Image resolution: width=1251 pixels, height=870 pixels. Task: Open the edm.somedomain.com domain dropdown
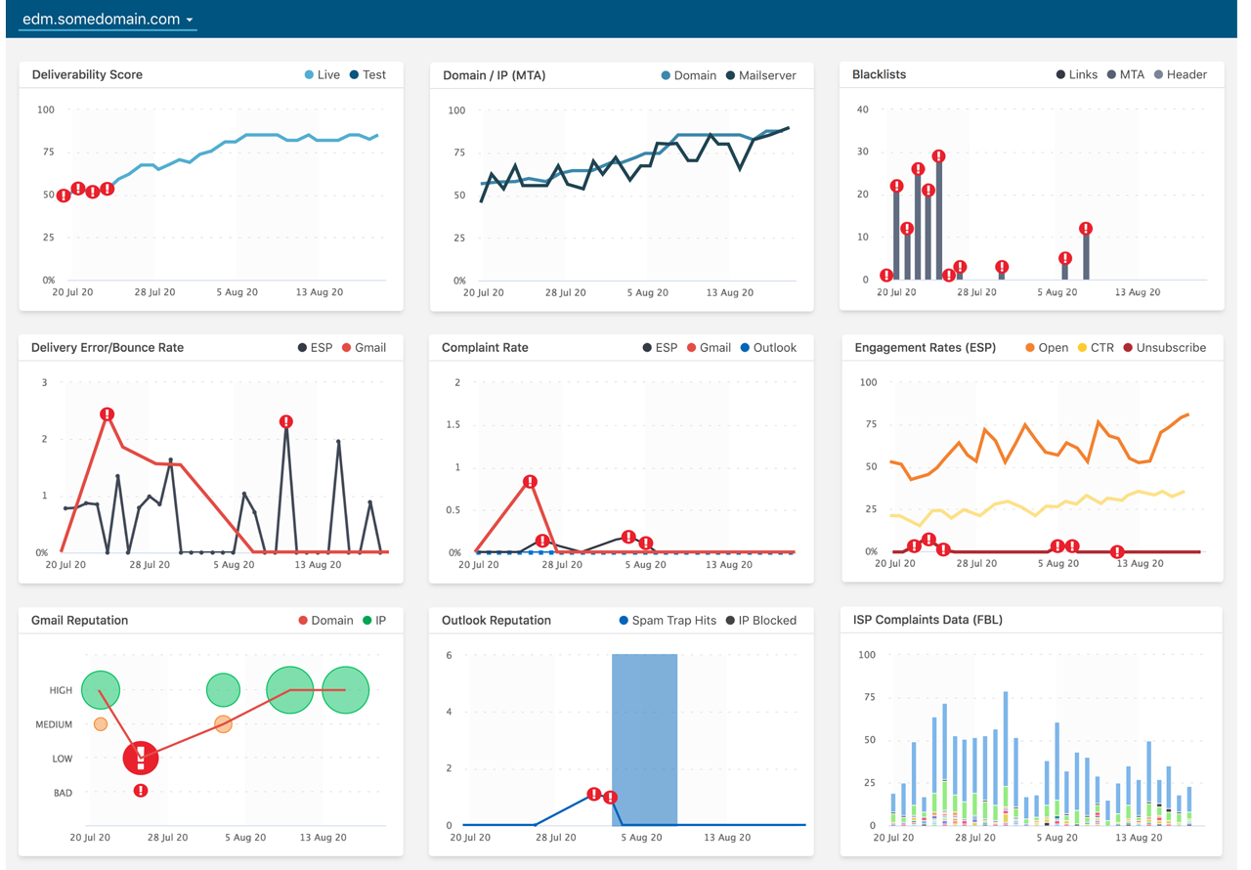tap(108, 20)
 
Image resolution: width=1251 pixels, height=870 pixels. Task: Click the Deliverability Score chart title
tap(87, 74)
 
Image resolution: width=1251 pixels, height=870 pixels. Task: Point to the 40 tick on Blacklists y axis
tap(862, 109)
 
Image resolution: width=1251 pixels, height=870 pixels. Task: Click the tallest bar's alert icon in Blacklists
tap(939, 156)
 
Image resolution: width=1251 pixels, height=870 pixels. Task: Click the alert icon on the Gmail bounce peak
tap(108, 414)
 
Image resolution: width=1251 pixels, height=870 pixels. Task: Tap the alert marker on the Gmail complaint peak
tap(530, 482)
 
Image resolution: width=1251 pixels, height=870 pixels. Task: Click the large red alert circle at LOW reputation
tap(141, 758)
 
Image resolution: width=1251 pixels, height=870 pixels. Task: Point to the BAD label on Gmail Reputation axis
tap(63, 793)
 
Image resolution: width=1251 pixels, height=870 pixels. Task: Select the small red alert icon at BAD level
tap(141, 790)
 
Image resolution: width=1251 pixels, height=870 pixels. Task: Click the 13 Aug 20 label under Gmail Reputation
tap(323, 838)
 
